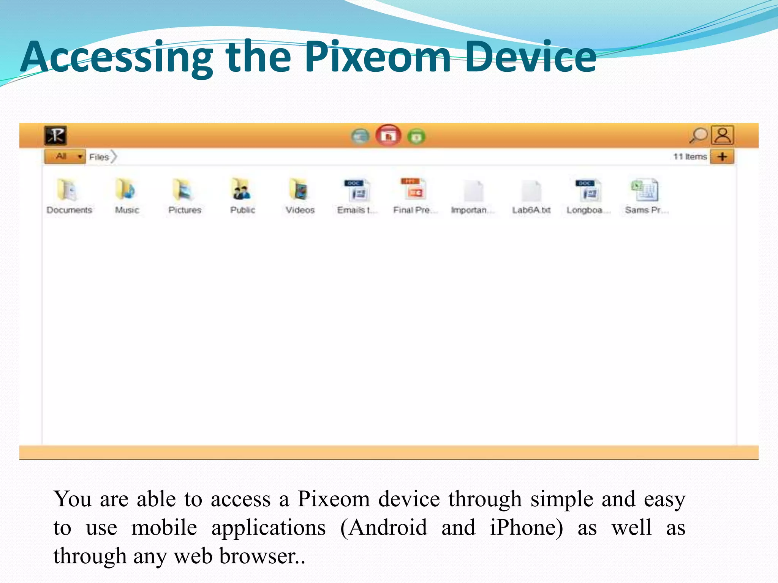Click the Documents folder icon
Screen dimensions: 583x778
tap(68, 190)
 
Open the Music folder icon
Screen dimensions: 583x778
tap(126, 189)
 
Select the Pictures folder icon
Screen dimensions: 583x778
tap(184, 189)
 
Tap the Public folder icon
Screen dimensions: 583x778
tap(242, 189)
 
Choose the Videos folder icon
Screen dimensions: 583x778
tap(299, 189)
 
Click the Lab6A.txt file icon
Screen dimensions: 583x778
tap(531, 191)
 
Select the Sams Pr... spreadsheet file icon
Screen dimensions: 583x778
tap(645, 190)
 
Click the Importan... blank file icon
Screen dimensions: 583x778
tap(473, 191)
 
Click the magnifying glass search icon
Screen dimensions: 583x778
tap(698, 135)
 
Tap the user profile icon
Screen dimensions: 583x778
tap(723, 135)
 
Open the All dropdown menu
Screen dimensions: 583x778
tap(65, 156)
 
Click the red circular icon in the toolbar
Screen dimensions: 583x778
tap(388, 136)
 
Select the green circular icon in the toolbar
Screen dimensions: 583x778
tap(416, 136)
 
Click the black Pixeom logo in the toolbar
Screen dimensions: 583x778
tap(55, 136)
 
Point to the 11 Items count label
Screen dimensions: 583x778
tap(690, 156)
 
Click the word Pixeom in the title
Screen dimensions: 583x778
tap(378, 57)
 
